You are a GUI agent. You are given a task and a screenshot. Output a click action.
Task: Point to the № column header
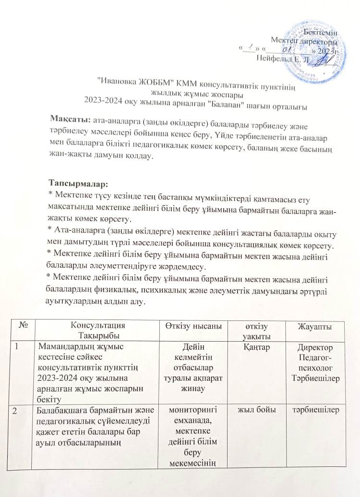pos(23,325)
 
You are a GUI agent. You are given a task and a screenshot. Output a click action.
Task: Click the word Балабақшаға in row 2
pos(60,409)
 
